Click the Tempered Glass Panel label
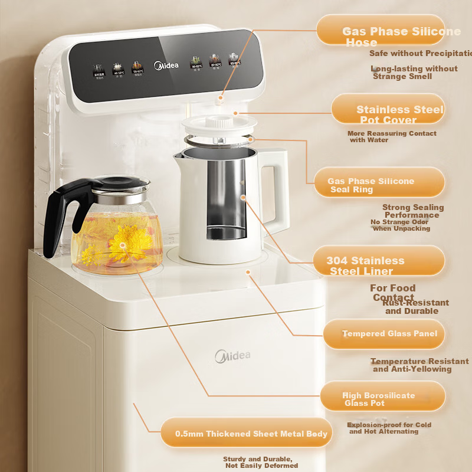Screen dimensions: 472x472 point(383,335)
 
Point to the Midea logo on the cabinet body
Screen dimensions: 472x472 point(232,355)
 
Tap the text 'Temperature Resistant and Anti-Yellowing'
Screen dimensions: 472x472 point(419,365)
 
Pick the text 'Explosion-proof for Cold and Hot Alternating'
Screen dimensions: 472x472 point(389,428)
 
